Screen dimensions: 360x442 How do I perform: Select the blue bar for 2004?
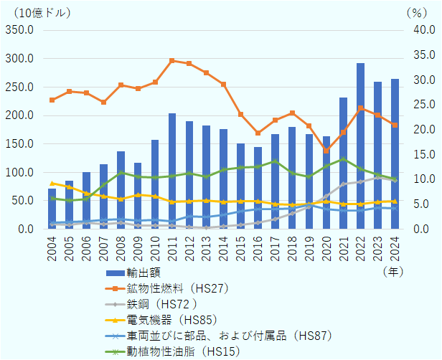pos(52,209)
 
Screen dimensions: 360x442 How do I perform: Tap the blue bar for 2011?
pos(172,171)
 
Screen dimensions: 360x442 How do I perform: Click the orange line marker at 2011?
pos(172,61)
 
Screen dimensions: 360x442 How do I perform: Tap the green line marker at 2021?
pos(343,159)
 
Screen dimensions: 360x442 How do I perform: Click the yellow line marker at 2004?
pos(52,183)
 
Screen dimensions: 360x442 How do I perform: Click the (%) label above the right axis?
pos(416,13)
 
